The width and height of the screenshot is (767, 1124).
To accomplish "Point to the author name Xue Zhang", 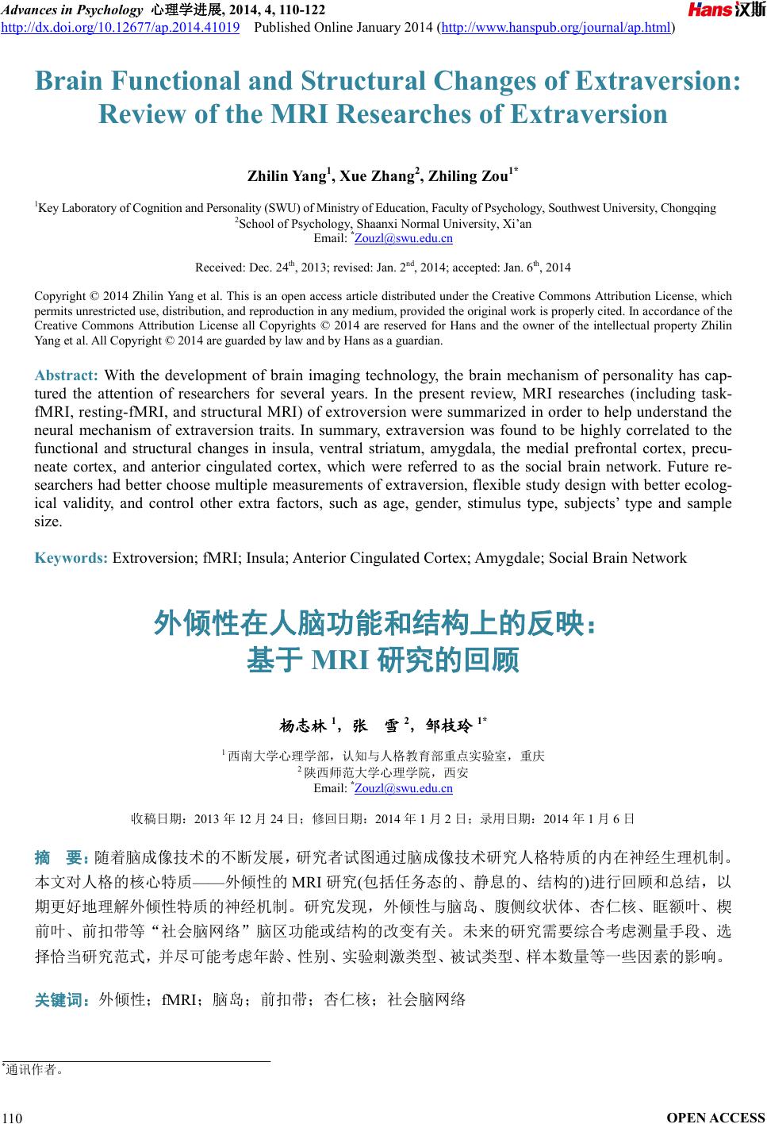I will tap(378, 176).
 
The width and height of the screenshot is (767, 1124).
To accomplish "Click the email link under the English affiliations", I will tap(403, 238).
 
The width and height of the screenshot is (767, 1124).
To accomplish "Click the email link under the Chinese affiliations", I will tap(403, 788).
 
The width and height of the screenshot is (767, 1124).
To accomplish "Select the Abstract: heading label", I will tap(66, 375).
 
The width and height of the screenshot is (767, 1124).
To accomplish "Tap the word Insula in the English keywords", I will tap(267, 557).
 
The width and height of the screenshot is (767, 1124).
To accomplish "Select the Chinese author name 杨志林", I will tap(303, 726).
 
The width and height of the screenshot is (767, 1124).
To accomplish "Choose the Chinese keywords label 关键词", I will tap(60, 999).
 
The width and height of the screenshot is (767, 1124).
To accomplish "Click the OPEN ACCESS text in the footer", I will tap(716, 1118).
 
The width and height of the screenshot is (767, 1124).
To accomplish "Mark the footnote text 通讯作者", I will tap(33, 1070).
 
